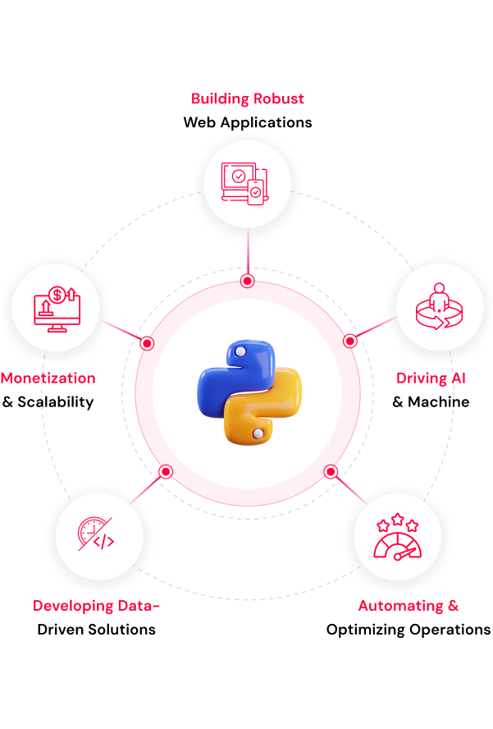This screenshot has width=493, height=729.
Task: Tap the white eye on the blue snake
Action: pyautogui.click(x=240, y=352)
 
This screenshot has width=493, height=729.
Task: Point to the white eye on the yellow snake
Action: pyautogui.click(x=258, y=433)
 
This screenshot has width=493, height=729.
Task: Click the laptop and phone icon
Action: pyautogui.click(x=245, y=184)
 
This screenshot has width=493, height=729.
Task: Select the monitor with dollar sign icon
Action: pyautogui.click(x=57, y=309)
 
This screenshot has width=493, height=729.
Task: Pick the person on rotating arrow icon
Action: pyautogui.click(x=439, y=307)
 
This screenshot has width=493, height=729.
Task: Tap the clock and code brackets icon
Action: pyautogui.click(x=96, y=534)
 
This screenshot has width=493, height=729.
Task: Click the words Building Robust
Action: pyautogui.click(x=247, y=99)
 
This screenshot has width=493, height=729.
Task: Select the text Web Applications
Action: pyautogui.click(x=248, y=122)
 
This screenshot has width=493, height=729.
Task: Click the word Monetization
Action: pyautogui.click(x=48, y=378)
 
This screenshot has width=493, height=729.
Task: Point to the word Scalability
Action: pyautogui.click(x=55, y=402)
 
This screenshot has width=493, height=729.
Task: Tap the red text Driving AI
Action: pyautogui.click(x=431, y=378)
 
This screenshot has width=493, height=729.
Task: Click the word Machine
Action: pyautogui.click(x=438, y=401)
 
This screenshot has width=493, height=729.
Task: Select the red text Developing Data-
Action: pyautogui.click(x=96, y=606)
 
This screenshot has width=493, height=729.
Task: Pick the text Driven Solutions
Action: pyautogui.click(x=96, y=630)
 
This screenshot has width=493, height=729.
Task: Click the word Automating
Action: pyautogui.click(x=400, y=606)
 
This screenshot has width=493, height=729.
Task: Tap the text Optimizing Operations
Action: pyautogui.click(x=409, y=630)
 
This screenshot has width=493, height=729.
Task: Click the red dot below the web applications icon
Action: pyautogui.click(x=247, y=281)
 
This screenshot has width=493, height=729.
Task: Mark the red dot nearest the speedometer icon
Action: pyautogui.click(x=331, y=472)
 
